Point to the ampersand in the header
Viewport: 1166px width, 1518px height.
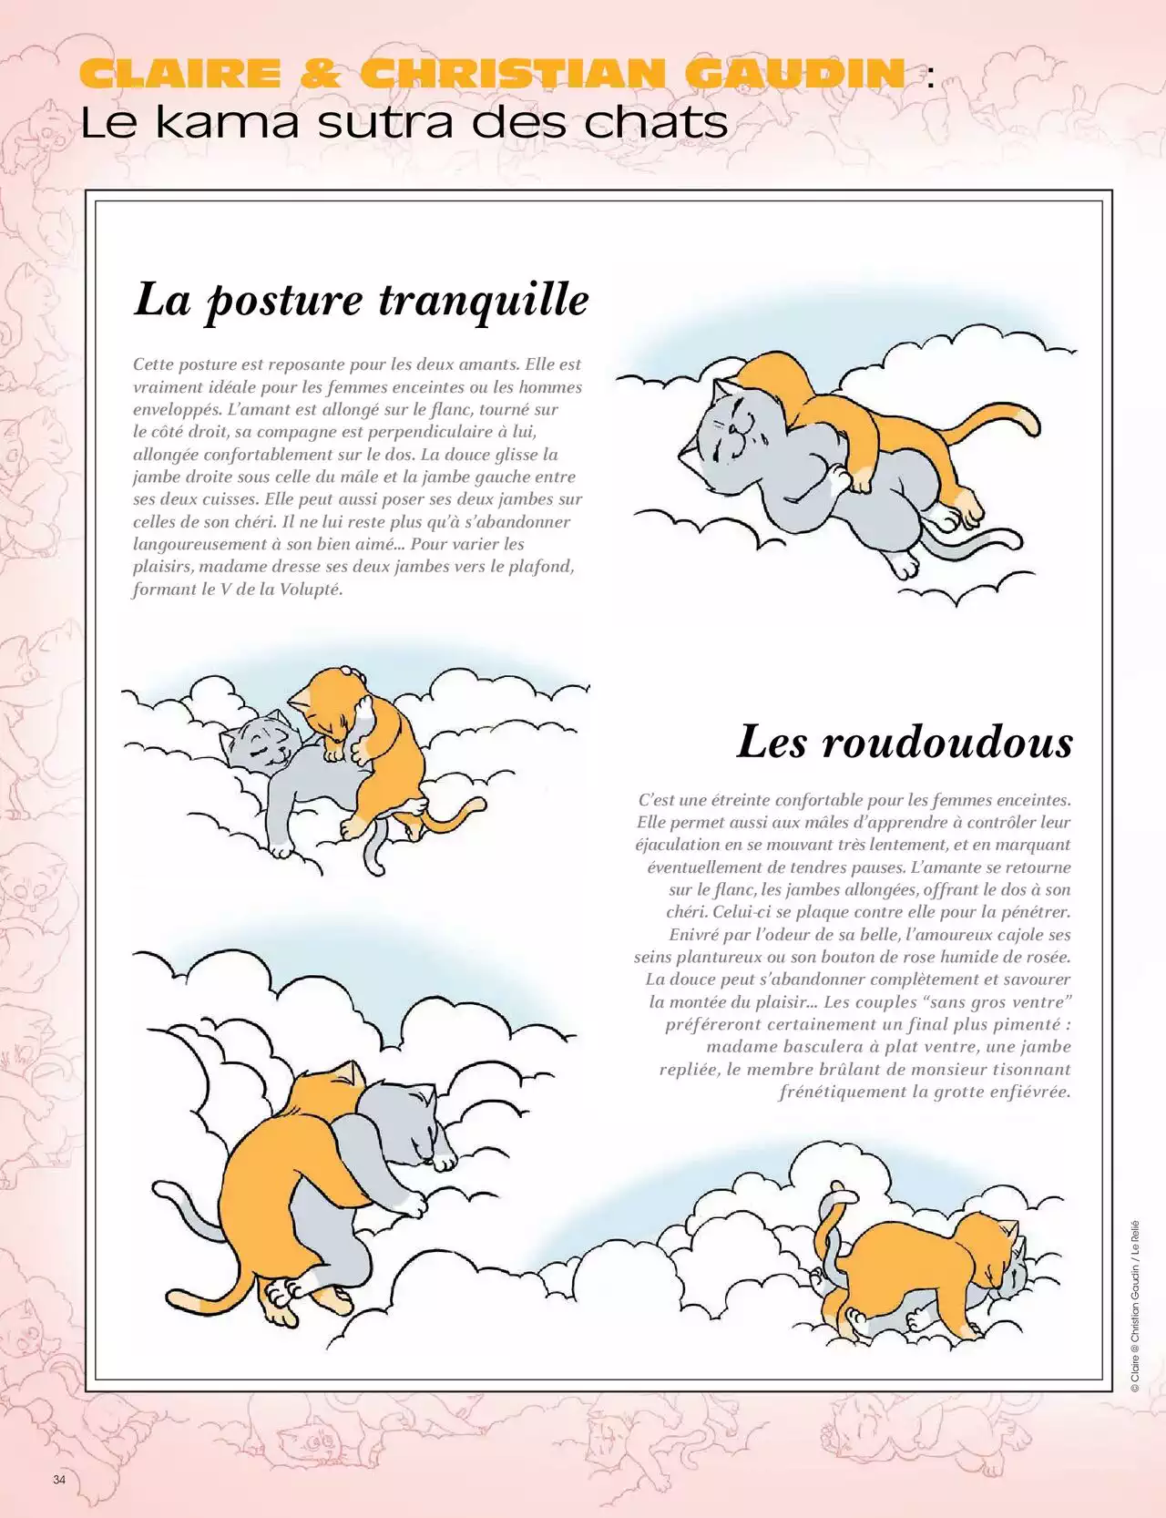pyautogui.click(x=320, y=74)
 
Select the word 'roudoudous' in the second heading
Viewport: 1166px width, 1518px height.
pyautogui.click(x=947, y=742)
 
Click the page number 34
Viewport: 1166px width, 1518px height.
pyautogui.click(x=59, y=1479)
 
